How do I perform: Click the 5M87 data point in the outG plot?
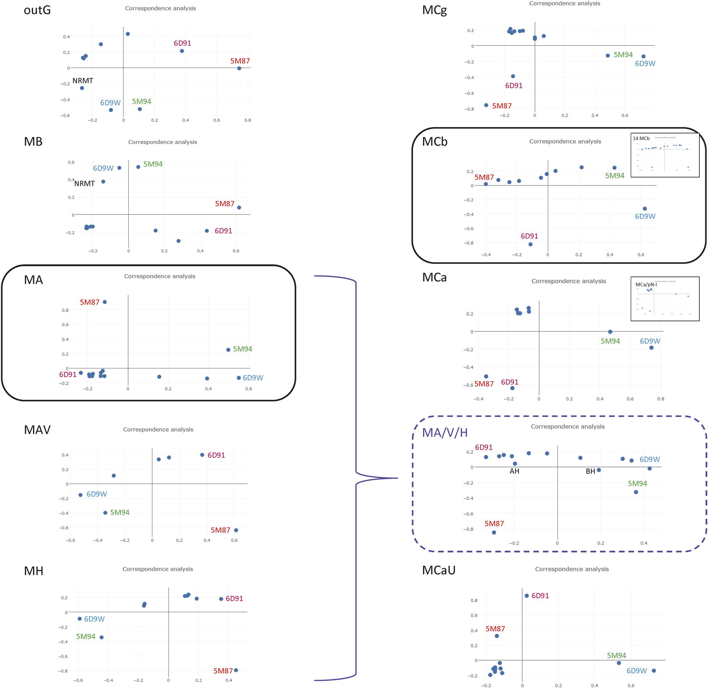[x=239, y=68]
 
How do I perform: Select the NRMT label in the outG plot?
[x=83, y=81]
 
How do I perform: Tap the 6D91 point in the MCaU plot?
[x=527, y=596]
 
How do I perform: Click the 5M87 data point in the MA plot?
[x=105, y=302]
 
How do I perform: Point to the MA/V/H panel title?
[x=445, y=433]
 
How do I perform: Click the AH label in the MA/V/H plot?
[x=514, y=471]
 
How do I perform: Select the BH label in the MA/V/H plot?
[x=590, y=472]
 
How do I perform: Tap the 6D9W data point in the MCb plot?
[x=645, y=209]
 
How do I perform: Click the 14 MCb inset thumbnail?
[x=665, y=155]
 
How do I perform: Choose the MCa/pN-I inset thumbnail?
[x=665, y=298]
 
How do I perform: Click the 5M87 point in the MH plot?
[x=236, y=670]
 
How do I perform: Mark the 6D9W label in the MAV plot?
[x=97, y=494]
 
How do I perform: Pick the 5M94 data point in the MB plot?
[x=138, y=167]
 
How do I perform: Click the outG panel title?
[x=37, y=10]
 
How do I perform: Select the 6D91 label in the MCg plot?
[x=514, y=86]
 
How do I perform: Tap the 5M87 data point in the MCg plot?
[x=486, y=105]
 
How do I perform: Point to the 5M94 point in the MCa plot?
[x=610, y=332]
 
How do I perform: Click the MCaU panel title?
[x=439, y=571]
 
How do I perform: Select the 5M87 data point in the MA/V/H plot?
[x=494, y=533]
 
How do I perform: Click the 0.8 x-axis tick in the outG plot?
[x=248, y=120]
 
